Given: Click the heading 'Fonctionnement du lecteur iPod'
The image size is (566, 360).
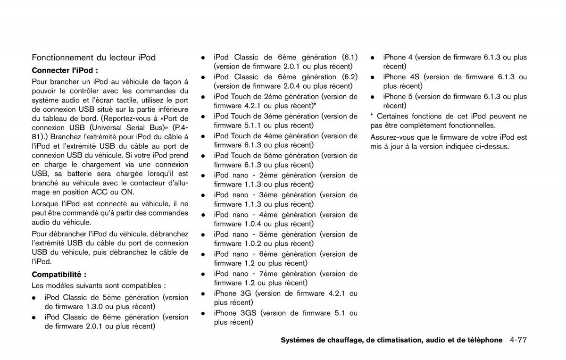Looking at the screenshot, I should (93, 58).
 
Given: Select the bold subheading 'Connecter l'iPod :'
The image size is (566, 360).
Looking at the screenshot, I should (65, 70).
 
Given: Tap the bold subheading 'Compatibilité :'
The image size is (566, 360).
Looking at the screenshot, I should (59, 274).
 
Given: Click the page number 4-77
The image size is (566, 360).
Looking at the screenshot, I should (518, 340).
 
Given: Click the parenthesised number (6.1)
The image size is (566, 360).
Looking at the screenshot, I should (350, 57).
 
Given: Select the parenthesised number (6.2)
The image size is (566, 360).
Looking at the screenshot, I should (350, 77).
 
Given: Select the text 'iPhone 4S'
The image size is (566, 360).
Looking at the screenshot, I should (401, 77).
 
